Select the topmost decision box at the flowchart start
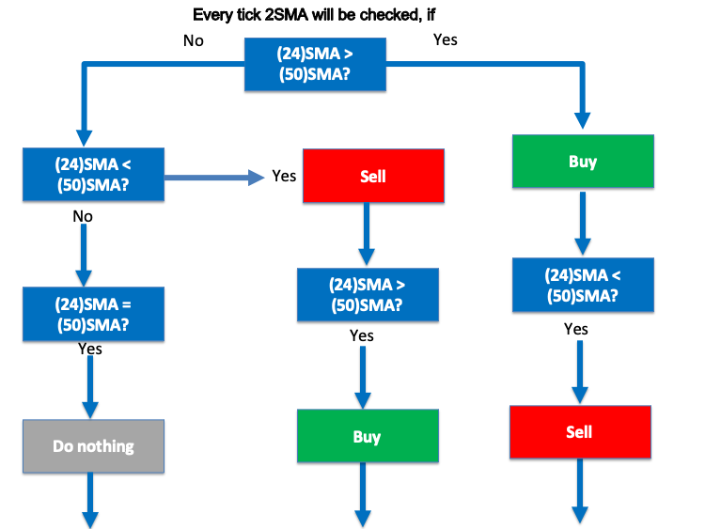click(x=316, y=65)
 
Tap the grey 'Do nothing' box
click(x=93, y=446)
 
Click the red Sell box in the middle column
click(x=372, y=176)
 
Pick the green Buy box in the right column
click(x=582, y=162)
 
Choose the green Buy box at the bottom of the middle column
click(x=368, y=436)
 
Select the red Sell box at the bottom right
click(x=580, y=432)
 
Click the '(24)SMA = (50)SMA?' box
click(x=93, y=314)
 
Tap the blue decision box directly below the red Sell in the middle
click(x=368, y=293)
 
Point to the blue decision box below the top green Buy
click(x=581, y=285)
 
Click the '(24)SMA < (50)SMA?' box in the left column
click(x=93, y=171)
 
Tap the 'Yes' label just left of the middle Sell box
click(x=284, y=176)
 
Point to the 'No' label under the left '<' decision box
click(x=83, y=216)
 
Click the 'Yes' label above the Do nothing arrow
click(x=90, y=349)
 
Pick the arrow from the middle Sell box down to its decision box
click(x=368, y=234)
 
